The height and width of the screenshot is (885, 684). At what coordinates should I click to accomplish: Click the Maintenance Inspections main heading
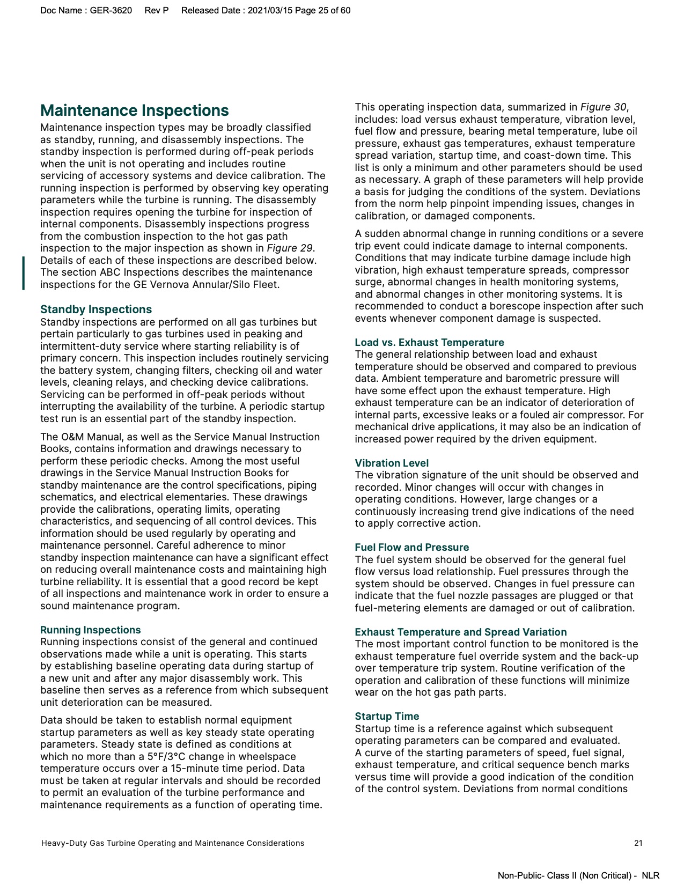(x=134, y=110)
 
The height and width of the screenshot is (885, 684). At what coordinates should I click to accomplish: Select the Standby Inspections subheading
(x=95, y=309)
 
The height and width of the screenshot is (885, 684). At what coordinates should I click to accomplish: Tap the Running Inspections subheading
(x=90, y=630)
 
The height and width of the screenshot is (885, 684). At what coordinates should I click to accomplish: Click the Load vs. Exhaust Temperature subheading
(x=429, y=342)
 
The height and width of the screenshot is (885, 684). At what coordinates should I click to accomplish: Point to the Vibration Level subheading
(x=392, y=463)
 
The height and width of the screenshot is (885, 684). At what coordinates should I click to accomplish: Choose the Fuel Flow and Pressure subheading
(x=411, y=547)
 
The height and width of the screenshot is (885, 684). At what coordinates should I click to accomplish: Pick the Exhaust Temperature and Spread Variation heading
(x=460, y=632)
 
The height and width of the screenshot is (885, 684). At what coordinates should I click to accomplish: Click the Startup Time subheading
(x=387, y=716)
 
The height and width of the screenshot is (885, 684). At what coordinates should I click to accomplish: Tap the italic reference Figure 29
(x=290, y=248)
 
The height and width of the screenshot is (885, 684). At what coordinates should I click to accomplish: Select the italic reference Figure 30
(x=603, y=107)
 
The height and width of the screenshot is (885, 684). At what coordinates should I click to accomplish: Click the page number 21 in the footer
(x=638, y=843)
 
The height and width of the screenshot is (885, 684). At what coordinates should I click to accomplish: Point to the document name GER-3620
(x=111, y=10)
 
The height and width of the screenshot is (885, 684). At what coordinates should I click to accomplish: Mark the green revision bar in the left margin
(x=24, y=273)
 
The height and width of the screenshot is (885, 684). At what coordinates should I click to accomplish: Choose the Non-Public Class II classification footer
(x=578, y=875)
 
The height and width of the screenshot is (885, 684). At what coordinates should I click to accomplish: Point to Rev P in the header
(x=156, y=10)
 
